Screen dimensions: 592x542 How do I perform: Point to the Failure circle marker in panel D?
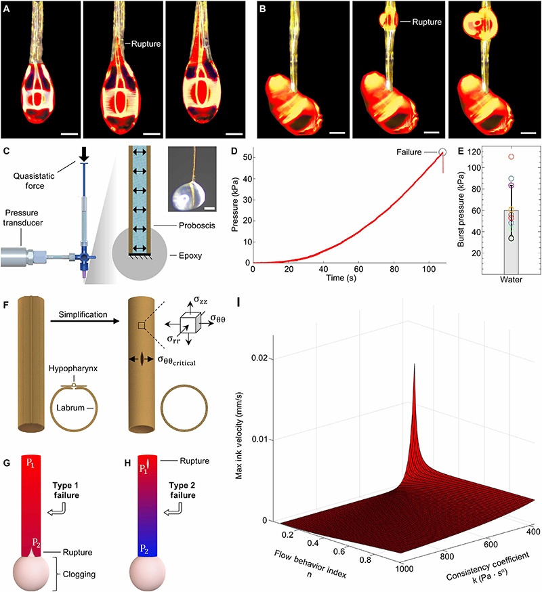(x=443, y=153)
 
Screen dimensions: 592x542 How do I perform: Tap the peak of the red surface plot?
(x=394, y=364)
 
